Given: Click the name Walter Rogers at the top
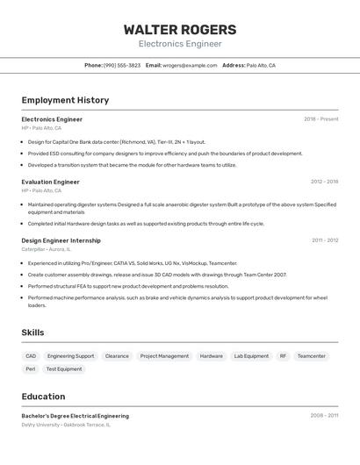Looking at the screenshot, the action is pyautogui.click(x=180, y=29).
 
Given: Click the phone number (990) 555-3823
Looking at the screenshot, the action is pyautogui.click(x=121, y=65).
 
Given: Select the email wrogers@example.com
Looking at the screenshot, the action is pyautogui.click(x=190, y=65).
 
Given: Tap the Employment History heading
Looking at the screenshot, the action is pyautogui.click(x=65, y=100).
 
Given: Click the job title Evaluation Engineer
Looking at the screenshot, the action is pyautogui.click(x=50, y=182).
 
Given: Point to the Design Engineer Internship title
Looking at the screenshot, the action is pyautogui.click(x=61, y=240).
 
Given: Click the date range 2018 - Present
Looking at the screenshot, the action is pyautogui.click(x=320, y=119).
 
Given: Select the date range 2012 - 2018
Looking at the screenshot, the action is pyautogui.click(x=324, y=182).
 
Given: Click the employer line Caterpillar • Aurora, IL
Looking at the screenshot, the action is pyautogui.click(x=47, y=249).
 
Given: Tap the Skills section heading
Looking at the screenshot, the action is pyautogui.click(x=32, y=333).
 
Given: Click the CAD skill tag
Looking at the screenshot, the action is pyautogui.click(x=31, y=356).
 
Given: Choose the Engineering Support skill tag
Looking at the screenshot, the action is pyautogui.click(x=70, y=356).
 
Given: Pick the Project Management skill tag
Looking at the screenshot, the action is pyautogui.click(x=164, y=356).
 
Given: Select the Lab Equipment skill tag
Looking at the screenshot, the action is pyautogui.click(x=251, y=356).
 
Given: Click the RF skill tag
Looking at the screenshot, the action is pyautogui.click(x=283, y=356).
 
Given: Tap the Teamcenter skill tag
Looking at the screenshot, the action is pyautogui.click(x=311, y=356).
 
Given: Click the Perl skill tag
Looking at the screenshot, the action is pyautogui.click(x=31, y=369).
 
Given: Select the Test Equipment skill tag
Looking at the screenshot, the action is pyautogui.click(x=64, y=369).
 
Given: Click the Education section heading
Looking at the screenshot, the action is pyautogui.click(x=43, y=397).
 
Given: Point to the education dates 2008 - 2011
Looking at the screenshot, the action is pyautogui.click(x=324, y=416).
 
